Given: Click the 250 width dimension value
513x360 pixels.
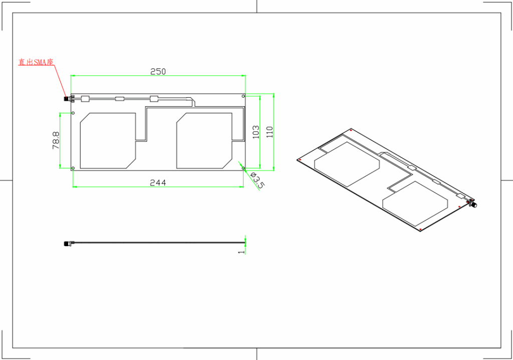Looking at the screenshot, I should (158, 72).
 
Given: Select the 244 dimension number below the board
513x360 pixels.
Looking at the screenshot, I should (158, 183).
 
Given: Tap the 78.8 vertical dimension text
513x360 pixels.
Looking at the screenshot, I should (56, 140).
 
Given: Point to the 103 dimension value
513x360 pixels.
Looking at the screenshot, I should (256, 132).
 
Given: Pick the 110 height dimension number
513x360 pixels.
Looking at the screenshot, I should (270, 132).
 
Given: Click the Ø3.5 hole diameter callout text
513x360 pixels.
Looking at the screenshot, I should (256, 180).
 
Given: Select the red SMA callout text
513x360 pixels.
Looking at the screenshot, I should (36, 63).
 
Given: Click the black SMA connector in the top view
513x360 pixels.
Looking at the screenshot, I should (66, 99).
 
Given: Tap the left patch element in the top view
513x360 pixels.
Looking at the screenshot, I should (108, 140).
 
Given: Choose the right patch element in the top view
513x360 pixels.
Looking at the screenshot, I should (204, 140).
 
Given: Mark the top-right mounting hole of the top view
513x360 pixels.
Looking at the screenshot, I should (243, 96).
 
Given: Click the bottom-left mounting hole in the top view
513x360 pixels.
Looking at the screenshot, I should (73, 168).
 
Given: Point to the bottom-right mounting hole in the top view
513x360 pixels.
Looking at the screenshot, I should (243, 168).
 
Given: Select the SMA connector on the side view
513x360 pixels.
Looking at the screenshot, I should (67, 244).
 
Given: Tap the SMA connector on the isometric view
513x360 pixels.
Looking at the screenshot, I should (472, 204).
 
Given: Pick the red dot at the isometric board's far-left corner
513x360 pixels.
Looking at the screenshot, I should (299, 160).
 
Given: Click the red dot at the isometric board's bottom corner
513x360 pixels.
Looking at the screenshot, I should (420, 230).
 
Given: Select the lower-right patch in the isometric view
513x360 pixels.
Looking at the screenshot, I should (415, 202).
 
